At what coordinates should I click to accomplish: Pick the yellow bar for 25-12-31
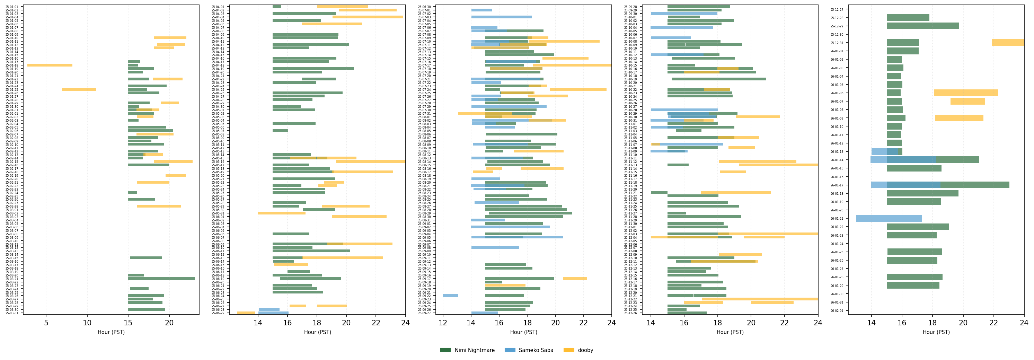[1008, 43]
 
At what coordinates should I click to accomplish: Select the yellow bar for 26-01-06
[966, 93]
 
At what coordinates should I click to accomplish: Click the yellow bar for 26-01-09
[959, 118]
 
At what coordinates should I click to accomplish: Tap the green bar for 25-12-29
[922, 26]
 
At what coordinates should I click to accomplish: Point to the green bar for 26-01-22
[917, 227]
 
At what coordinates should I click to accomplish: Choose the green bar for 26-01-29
[912, 286]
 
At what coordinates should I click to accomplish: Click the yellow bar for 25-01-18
[50, 65]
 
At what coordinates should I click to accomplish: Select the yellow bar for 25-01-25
[79, 89]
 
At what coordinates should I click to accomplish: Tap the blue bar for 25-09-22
[450, 296]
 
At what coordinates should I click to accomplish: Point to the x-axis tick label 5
[46, 323]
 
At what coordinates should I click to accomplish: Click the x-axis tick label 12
[443, 323]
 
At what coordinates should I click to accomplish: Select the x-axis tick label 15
[128, 323]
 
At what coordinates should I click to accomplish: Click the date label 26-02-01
[837, 311]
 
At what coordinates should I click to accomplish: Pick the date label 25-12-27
[837, 9]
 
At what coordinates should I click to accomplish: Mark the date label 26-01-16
[837, 177]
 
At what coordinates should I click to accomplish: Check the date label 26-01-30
[837, 294]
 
